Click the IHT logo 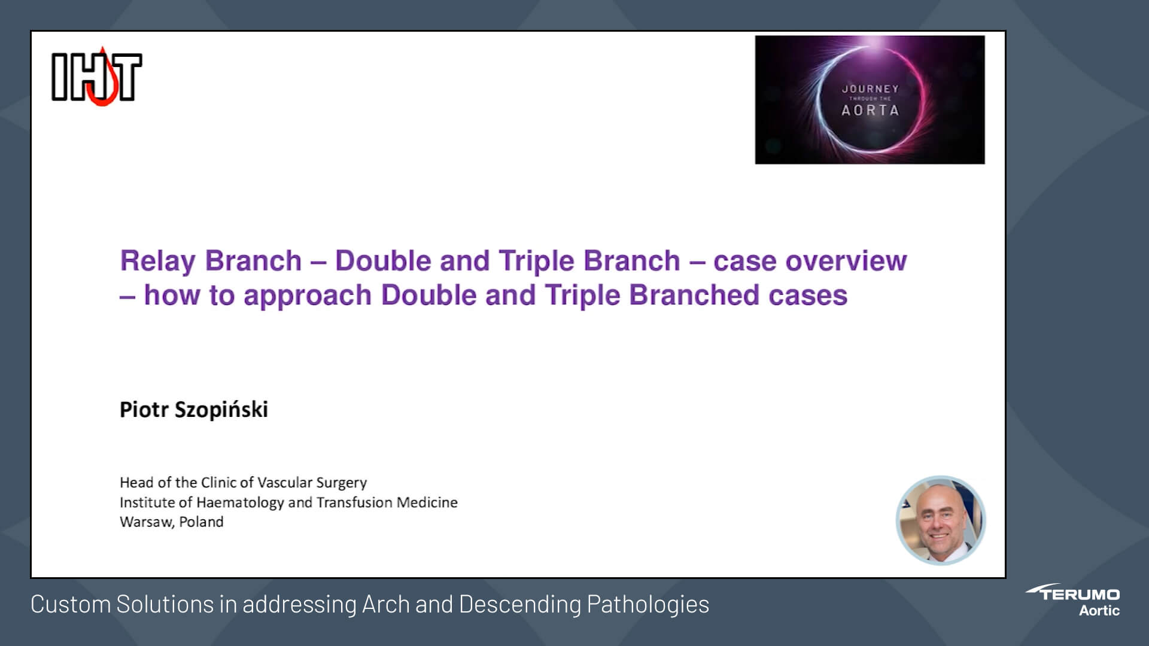[x=96, y=77]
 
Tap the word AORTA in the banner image [x=870, y=111]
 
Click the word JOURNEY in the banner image [x=870, y=89]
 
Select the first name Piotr [x=144, y=410]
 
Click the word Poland [x=201, y=522]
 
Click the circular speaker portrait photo [x=940, y=520]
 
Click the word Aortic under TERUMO [x=1099, y=611]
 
